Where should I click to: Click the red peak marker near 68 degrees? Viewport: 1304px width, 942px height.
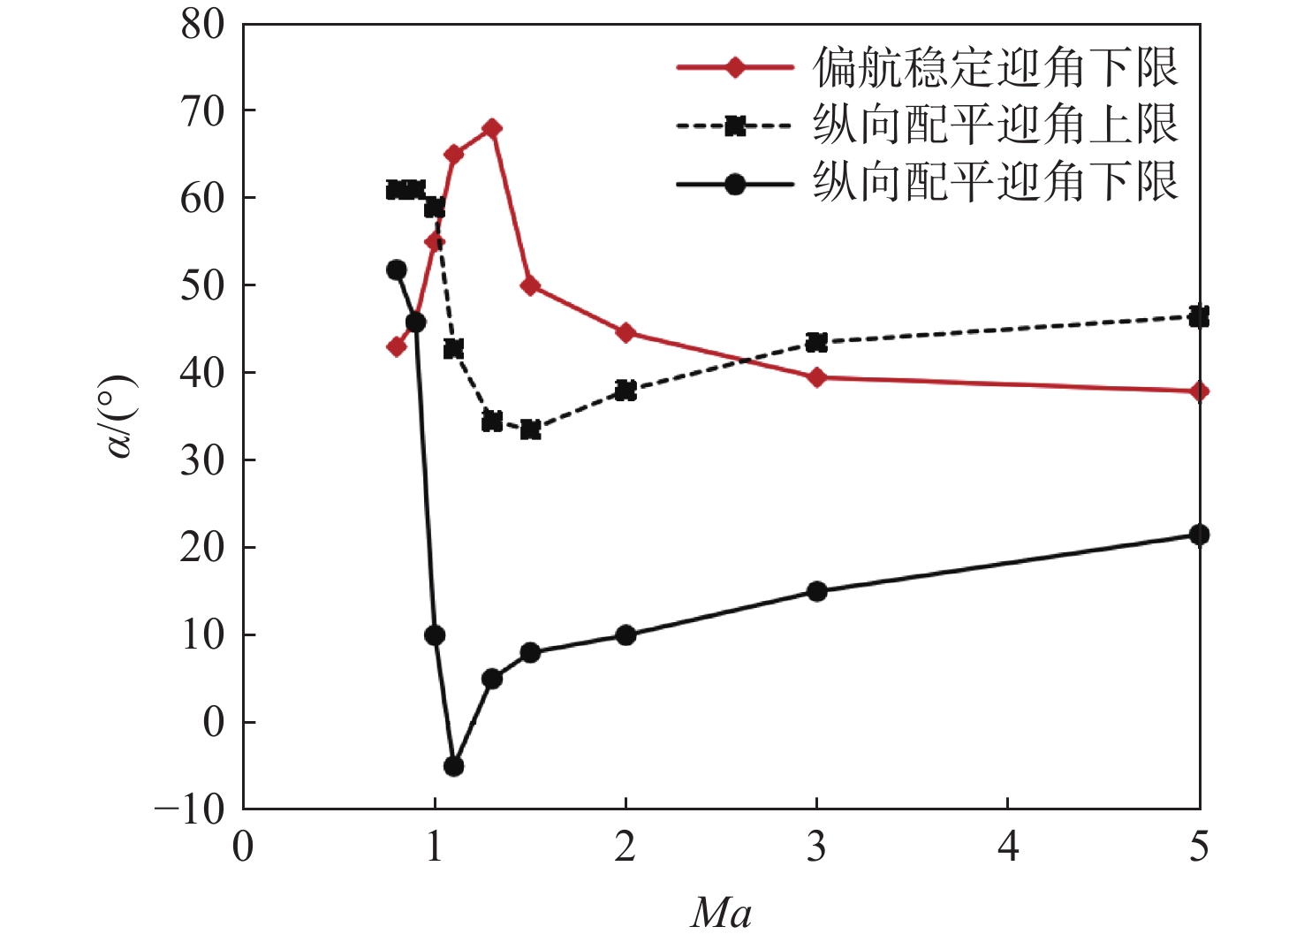click(x=492, y=129)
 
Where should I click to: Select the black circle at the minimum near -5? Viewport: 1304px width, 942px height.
click(x=453, y=766)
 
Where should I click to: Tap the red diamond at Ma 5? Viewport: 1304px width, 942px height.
click(x=1198, y=391)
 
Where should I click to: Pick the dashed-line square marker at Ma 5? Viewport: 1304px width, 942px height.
click(x=1198, y=316)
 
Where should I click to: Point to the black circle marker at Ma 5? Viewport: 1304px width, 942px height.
click(x=1198, y=535)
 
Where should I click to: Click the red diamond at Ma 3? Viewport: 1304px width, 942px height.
click(x=816, y=377)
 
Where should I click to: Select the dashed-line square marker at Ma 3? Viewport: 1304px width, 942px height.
click(x=816, y=343)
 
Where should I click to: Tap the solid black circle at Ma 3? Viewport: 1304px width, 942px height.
click(x=816, y=591)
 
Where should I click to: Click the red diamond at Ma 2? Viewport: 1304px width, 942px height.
click(x=625, y=333)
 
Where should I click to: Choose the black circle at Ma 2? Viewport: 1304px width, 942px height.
click(x=625, y=635)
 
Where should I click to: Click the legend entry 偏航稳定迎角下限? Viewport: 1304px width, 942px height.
click(x=995, y=68)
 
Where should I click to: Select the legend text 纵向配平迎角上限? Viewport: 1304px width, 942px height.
click(x=995, y=125)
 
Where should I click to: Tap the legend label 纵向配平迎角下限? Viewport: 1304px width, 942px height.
click(x=995, y=183)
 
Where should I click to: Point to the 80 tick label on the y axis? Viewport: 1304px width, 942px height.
click(x=203, y=25)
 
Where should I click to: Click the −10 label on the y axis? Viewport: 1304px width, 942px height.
click(x=191, y=809)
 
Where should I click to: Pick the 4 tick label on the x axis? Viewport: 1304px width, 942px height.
click(x=1007, y=847)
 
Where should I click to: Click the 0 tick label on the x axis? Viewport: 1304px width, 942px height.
click(x=243, y=847)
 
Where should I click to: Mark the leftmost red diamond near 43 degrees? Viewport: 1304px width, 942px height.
click(x=397, y=347)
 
